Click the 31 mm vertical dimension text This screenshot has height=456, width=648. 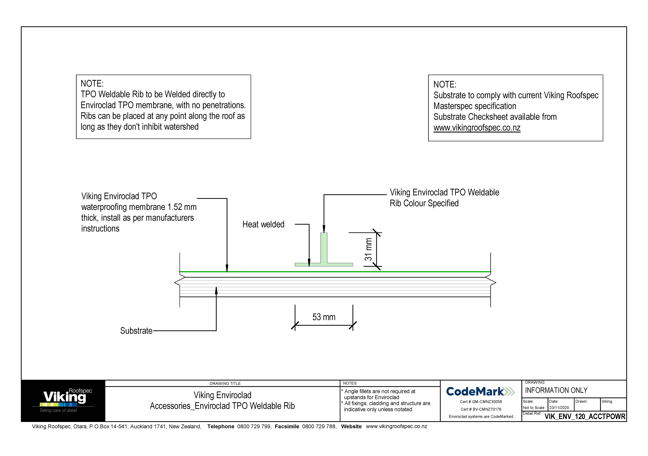[368, 249]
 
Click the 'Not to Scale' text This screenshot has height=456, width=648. [533, 408]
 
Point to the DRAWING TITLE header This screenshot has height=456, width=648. [225, 383]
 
